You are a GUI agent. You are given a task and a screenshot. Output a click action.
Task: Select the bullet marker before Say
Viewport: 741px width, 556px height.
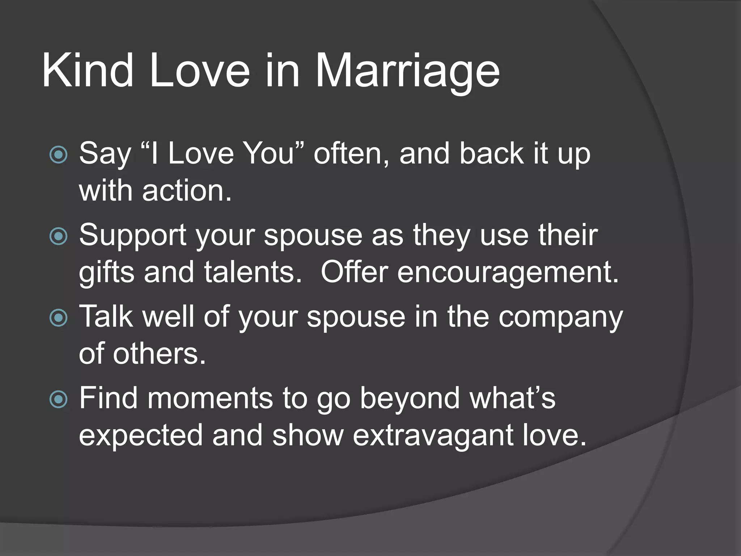tap(58, 155)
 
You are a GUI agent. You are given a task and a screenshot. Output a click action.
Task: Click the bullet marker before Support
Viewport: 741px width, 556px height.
tap(58, 236)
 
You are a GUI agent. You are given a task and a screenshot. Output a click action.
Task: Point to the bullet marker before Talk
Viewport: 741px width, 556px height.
tap(58, 318)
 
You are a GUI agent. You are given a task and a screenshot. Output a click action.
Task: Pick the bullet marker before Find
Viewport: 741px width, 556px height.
tap(58, 399)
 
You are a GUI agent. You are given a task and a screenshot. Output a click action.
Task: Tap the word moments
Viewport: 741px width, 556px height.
tap(209, 398)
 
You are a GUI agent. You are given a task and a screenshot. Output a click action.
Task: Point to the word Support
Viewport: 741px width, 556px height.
tap(133, 236)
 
